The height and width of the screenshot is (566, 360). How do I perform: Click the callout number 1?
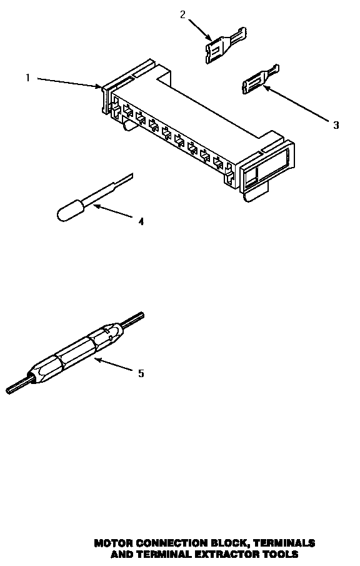pyautogui.click(x=27, y=78)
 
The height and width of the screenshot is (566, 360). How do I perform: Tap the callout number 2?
pyautogui.click(x=182, y=15)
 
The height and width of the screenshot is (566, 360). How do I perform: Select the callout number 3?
pyautogui.click(x=336, y=125)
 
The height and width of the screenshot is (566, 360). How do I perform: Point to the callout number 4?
pyautogui.click(x=141, y=221)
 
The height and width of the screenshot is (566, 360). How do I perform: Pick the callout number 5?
pyautogui.click(x=141, y=373)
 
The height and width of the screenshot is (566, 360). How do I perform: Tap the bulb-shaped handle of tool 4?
pyautogui.click(x=67, y=211)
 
